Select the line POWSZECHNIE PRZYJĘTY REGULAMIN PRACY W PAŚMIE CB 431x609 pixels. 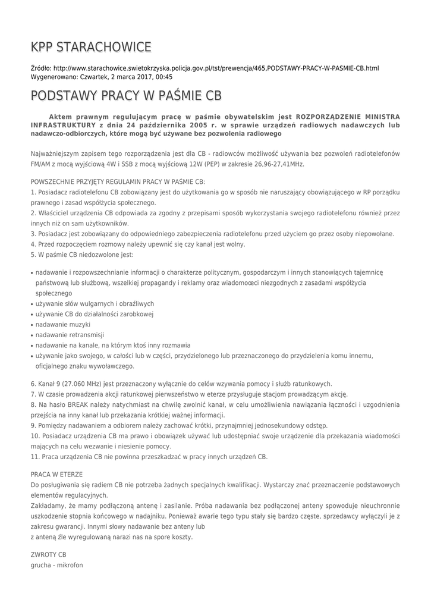click(118, 181)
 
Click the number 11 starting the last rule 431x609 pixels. click(34, 457)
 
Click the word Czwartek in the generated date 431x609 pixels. click(93, 77)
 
